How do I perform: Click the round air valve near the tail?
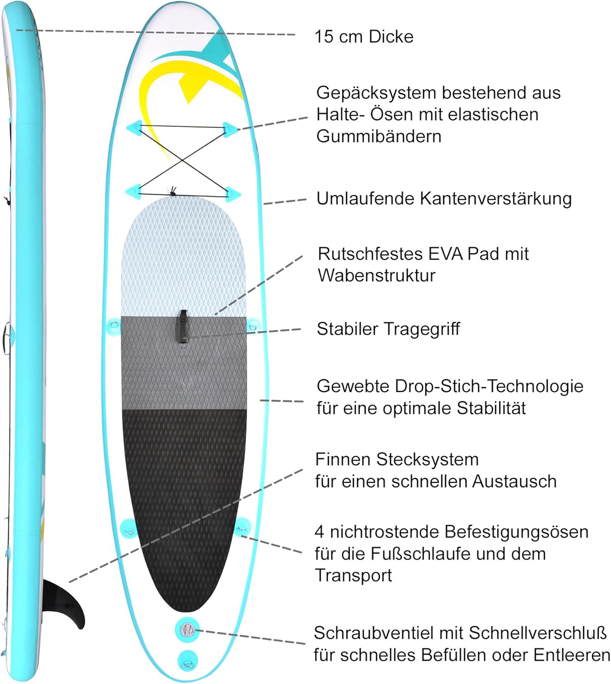[187, 630]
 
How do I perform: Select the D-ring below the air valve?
[187, 659]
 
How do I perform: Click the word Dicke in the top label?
[391, 36]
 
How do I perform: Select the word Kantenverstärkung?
[496, 198]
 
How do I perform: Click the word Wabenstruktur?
[377, 275]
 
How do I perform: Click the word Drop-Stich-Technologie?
[489, 386]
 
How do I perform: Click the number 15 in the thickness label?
[324, 36]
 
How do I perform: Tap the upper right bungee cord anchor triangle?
[230, 128]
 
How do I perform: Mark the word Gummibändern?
[379, 136]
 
